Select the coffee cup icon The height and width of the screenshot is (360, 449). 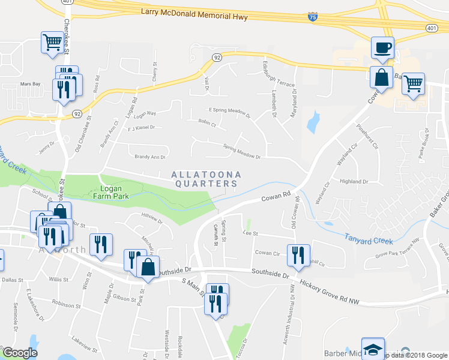[x=382, y=47]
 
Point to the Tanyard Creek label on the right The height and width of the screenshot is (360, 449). [x=369, y=239]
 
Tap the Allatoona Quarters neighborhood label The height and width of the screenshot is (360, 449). [x=206, y=179]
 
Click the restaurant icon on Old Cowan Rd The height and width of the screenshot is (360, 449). [x=298, y=255]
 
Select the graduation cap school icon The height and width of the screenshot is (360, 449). [x=374, y=350]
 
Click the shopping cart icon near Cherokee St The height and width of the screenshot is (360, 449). [x=53, y=43]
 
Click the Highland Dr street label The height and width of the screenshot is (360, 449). [x=354, y=181]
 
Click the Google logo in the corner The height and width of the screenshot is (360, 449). [x=20, y=353]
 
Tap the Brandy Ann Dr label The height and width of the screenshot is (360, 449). [x=149, y=157]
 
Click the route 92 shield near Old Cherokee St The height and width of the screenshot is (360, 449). [x=77, y=113]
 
